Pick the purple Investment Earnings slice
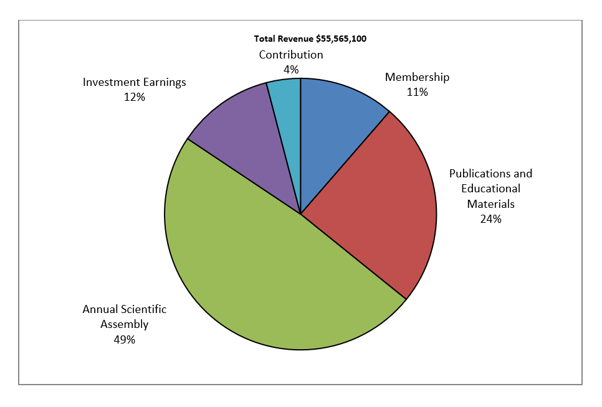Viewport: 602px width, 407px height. point(249,137)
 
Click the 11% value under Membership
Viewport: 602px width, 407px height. point(417,92)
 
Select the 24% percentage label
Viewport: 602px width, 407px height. point(490,219)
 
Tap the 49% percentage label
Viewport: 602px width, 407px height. point(125,340)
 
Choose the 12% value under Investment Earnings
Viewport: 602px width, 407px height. point(135,97)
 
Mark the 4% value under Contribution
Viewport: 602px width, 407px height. point(291,70)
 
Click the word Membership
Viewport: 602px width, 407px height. point(417,77)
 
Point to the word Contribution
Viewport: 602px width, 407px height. point(291,55)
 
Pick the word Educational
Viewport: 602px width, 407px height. point(491,189)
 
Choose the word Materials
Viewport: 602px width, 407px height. point(490,203)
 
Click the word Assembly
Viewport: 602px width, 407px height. point(125,324)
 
